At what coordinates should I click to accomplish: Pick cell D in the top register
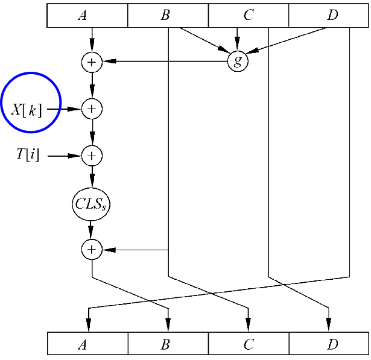[329, 16]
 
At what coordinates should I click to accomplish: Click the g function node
[238, 61]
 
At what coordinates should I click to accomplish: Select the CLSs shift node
[92, 203]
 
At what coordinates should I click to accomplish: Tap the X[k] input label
[27, 109]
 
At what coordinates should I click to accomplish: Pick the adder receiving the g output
[92, 61]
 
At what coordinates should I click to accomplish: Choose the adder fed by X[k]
[92, 109]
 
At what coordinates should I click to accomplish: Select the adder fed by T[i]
[92, 156]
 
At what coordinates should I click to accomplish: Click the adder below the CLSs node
[92, 250]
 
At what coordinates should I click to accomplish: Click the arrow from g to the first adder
[163, 61]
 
